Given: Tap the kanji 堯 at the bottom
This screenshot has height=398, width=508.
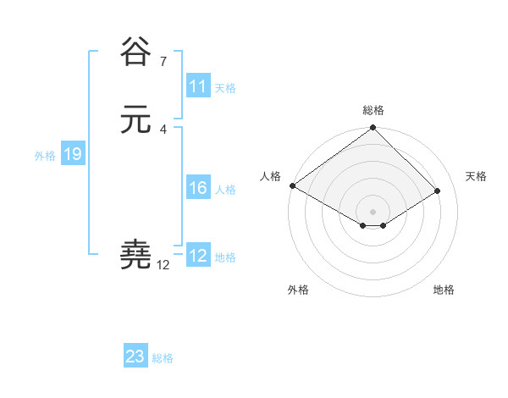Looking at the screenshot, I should [x=136, y=254].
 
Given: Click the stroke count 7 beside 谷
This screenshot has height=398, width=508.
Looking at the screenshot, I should [x=163, y=61].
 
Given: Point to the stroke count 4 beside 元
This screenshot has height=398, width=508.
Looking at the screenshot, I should [x=163, y=129].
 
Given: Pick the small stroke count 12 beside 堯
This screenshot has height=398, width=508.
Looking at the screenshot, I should [x=163, y=265].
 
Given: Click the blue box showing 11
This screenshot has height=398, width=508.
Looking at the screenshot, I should [x=198, y=86].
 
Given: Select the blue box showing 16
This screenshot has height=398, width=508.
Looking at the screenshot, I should [x=198, y=189].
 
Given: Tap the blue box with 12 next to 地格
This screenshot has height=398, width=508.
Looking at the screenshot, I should [x=198, y=256].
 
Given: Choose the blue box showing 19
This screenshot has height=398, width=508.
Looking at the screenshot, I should [x=72, y=154].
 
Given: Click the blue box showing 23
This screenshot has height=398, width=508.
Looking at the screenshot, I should [x=135, y=357].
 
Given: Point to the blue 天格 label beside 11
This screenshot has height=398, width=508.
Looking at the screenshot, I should [x=225, y=87].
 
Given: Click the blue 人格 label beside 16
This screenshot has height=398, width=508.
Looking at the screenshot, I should [x=225, y=190].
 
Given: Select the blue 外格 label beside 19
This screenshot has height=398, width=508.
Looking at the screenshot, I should [x=45, y=155].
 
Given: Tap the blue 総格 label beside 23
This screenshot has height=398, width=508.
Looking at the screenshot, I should [x=163, y=357].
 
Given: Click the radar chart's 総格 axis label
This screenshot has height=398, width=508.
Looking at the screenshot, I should [x=373, y=110].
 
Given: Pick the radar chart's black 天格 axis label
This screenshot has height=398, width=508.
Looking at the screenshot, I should [x=476, y=176].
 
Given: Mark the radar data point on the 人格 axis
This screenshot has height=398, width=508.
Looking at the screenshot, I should [x=292, y=185].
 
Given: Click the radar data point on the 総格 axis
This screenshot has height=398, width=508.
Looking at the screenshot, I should [x=373, y=129].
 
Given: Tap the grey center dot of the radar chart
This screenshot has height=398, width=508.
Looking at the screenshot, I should [x=373, y=211].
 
